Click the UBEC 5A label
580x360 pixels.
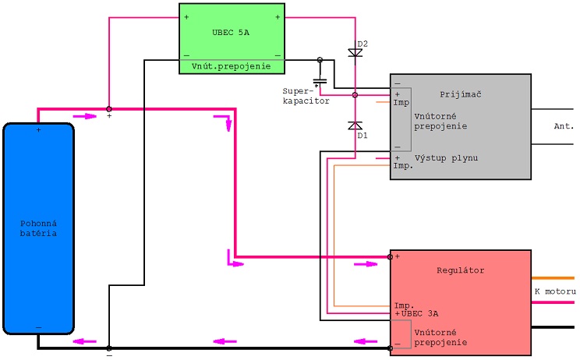pos(231,33)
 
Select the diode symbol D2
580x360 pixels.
pos(355,53)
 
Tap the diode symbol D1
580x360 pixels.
pos(355,125)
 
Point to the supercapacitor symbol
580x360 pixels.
pos(320,81)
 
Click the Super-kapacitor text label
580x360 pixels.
pos(306,96)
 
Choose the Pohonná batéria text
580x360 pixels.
pos(38,228)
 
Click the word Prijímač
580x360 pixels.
pos(461,94)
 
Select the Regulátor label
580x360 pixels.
pos(461,270)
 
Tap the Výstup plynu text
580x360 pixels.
pos(446,158)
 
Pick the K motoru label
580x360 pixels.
pos(555,291)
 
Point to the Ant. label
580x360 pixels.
pos(564,126)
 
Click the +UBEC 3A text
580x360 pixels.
pos(416,314)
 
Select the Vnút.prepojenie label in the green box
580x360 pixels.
pos(232,66)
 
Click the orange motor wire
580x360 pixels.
pos(553,278)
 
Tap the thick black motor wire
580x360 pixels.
pos(553,327)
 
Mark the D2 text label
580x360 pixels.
pos(362,44)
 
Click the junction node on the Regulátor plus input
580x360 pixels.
pos(390,256)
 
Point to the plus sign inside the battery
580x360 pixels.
pos(38,130)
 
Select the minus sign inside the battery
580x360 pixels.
pos(38,327)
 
